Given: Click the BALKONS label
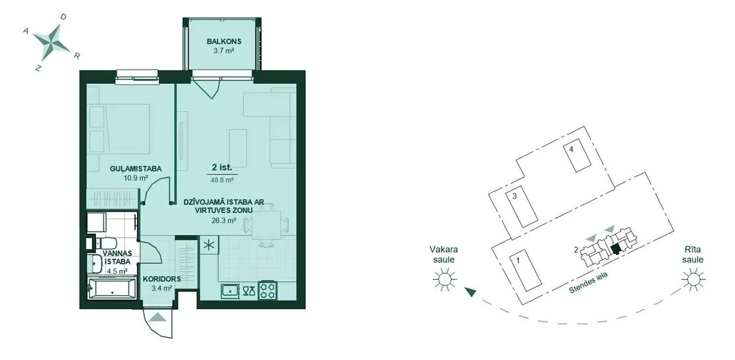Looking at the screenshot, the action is (x=220, y=42).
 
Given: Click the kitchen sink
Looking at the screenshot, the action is (x=230, y=291).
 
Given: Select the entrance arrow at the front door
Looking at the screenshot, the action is (x=160, y=316).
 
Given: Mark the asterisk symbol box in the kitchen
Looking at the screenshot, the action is (x=209, y=245).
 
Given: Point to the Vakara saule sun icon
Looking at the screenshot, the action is (x=444, y=280).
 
